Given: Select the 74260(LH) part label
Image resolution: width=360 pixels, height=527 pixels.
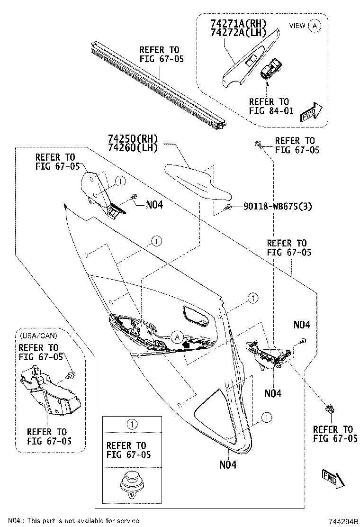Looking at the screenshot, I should [133, 147].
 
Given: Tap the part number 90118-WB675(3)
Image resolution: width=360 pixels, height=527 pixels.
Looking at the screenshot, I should [278, 207].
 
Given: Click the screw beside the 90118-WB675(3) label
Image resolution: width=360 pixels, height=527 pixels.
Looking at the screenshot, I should [229, 207].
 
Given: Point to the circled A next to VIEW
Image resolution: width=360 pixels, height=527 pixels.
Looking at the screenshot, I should [315, 26].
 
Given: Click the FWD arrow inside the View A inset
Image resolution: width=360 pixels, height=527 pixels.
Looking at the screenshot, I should [311, 112].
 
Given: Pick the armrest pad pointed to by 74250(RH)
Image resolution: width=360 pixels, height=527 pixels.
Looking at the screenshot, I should [197, 182].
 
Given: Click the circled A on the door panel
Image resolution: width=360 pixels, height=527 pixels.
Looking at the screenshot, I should [177, 337].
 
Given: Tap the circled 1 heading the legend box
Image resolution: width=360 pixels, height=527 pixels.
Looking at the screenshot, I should [133, 424].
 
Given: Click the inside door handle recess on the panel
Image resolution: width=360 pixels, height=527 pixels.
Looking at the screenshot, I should [196, 317].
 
